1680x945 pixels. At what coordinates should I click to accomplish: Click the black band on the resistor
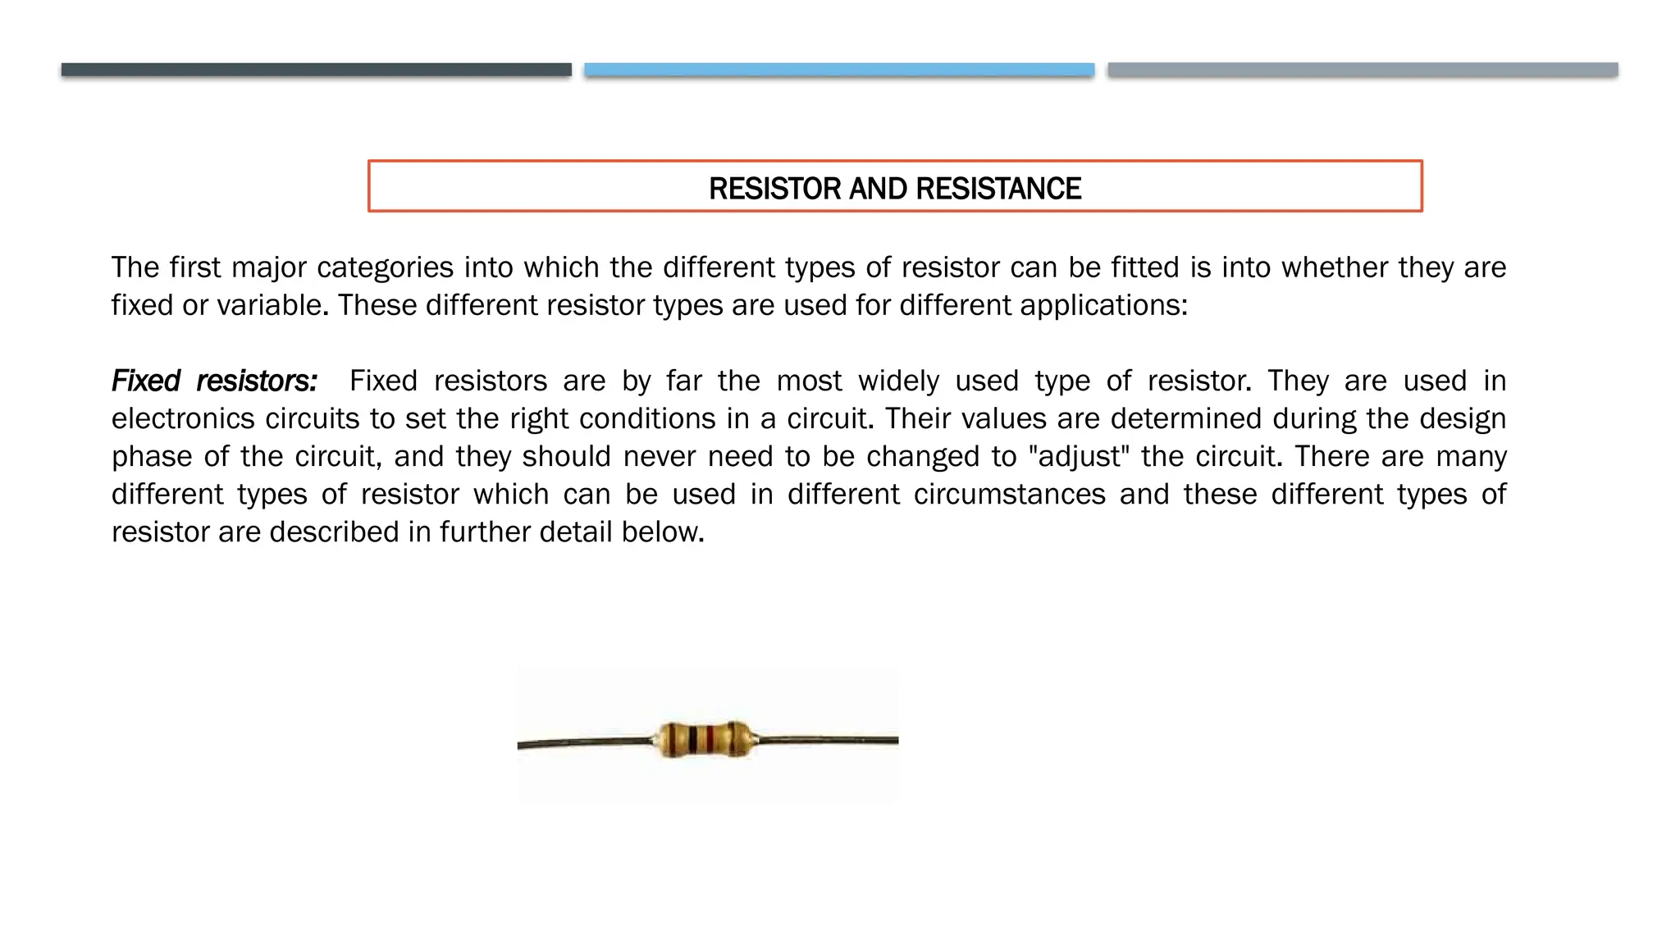(693, 740)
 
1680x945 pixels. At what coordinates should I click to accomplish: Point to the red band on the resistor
(710, 740)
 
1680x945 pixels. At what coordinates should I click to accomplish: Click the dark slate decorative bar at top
(316, 70)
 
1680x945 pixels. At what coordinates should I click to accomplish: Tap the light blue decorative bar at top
(839, 70)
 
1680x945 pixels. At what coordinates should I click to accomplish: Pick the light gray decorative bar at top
(1363, 70)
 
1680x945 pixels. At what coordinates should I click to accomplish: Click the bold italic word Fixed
(146, 381)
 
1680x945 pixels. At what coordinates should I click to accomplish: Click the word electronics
(183, 419)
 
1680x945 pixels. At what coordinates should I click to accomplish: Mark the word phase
(151, 457)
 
